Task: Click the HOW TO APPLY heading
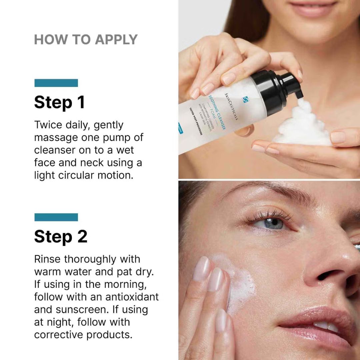86,40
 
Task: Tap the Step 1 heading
59,102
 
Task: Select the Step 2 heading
61,236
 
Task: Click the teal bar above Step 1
56,83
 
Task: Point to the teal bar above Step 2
56,217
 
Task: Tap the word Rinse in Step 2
48,259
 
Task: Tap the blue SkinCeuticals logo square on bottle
246,99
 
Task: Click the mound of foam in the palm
302,128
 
